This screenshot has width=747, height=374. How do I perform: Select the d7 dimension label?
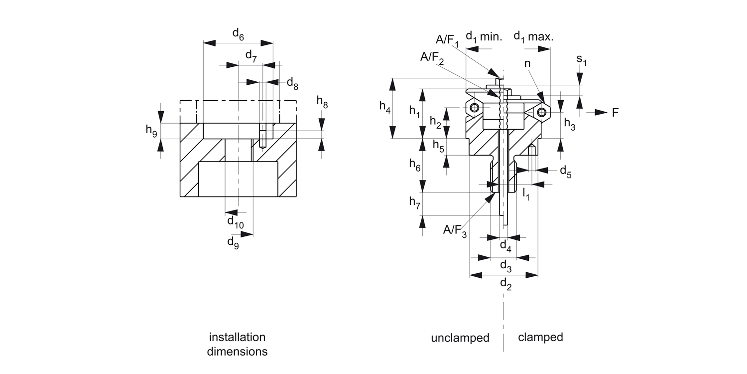251,55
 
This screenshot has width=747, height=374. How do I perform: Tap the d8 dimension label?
292,83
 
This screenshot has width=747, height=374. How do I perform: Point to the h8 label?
322,102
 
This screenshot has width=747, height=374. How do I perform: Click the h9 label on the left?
151,130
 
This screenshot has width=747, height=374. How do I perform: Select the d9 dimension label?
233,242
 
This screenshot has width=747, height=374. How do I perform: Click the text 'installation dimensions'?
237,344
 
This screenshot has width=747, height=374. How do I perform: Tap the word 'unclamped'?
460,338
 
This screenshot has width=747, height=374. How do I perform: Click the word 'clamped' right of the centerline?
540,337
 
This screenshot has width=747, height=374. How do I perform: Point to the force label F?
615,113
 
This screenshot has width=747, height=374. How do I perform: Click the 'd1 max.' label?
533,36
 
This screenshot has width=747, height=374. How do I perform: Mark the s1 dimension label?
582,60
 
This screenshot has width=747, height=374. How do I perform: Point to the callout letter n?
527,64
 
